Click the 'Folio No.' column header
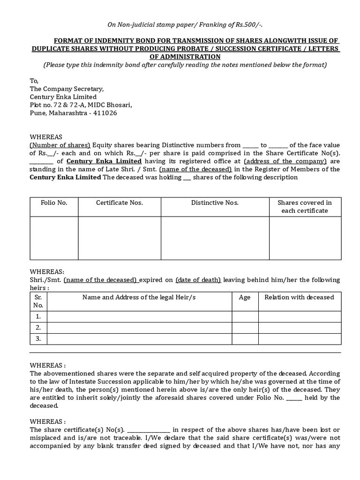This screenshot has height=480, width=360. click(x=54, y=202)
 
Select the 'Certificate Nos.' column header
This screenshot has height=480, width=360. click(x=120, y=202)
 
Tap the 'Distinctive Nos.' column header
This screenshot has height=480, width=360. click(x=215, y=202)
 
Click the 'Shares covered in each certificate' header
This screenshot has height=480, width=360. click(x=305, y=207)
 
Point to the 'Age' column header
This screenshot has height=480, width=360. click(x=245, y=297)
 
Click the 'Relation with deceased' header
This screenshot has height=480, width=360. click(x=299, y=297)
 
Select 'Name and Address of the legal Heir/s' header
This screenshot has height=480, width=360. click(x=139, y=297)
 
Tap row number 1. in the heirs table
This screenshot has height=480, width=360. click(x=38, y=316)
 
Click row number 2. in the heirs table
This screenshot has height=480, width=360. click(x=38, y=328)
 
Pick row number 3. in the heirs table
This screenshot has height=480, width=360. click(x=38, y=339)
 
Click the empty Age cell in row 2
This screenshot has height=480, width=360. click(x=245, y=328)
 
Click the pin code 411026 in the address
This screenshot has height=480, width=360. click(x=105, y=113)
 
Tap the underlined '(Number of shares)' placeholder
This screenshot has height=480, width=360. click(x=60, y=145)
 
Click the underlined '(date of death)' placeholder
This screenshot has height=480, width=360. click(x=198, y=280)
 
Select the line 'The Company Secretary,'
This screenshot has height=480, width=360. click(x=67, y=89)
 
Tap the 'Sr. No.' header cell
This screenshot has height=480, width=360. click(x=38, y=301)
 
